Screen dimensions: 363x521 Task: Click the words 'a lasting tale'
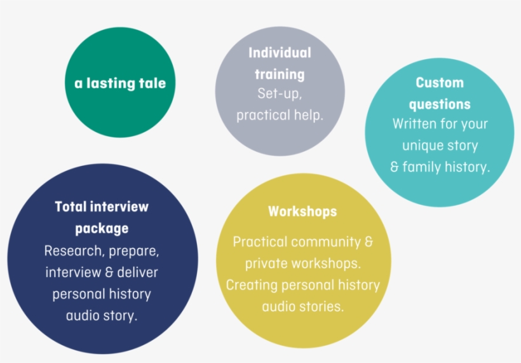(120, 83)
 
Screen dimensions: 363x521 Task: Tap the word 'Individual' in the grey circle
(280, 53)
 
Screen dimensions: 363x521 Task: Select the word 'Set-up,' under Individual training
(280, 93)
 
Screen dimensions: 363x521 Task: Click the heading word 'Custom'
(440, 83)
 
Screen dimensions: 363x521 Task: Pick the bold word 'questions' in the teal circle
(440, 104)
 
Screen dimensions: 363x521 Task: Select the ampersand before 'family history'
(395, 167)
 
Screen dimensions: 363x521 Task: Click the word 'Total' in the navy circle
(71, 207)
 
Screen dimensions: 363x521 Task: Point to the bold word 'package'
(102, 228)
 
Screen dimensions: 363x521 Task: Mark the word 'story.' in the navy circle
(119, 315)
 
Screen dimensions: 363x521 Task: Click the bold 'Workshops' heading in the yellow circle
(302, 211)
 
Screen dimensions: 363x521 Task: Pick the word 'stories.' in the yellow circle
(321, 306)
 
